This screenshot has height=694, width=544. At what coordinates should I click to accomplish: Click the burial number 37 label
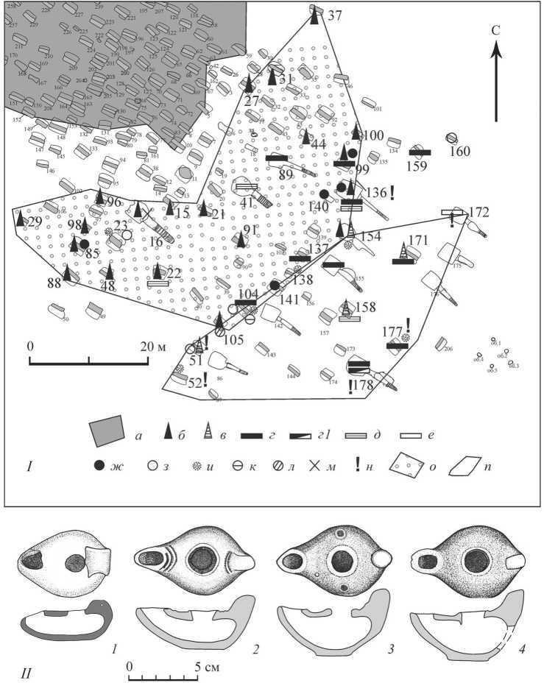click(x=335, y=15)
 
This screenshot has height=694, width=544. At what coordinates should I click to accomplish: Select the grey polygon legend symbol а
click(x=107, y=433)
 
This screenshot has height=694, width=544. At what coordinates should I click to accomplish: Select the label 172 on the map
click(x=479, y=213)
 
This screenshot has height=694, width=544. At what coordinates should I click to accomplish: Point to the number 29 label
click(x=34, y=222)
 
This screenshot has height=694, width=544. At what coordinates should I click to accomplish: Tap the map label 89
click(x=287, y=174)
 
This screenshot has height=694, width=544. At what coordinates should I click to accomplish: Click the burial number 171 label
click(x=418, y=240)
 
